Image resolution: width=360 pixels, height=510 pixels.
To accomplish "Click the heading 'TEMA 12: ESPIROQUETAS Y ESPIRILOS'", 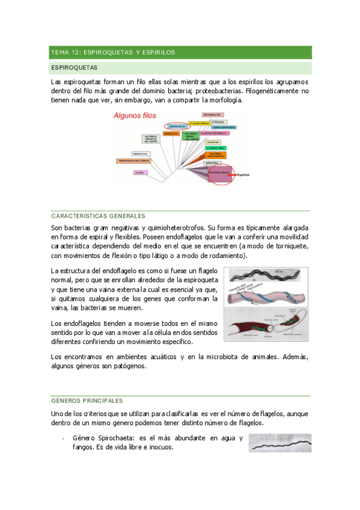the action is tap(113, 52).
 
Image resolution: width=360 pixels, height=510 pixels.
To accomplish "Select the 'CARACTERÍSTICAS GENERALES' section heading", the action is tap(98, 215).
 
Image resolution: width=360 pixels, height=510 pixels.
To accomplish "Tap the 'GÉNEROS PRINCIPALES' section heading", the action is tap(87, 401).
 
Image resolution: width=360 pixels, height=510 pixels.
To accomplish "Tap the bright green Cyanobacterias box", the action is tap(215, 147).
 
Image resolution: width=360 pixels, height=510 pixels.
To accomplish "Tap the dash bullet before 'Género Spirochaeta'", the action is tap(63, 438).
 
